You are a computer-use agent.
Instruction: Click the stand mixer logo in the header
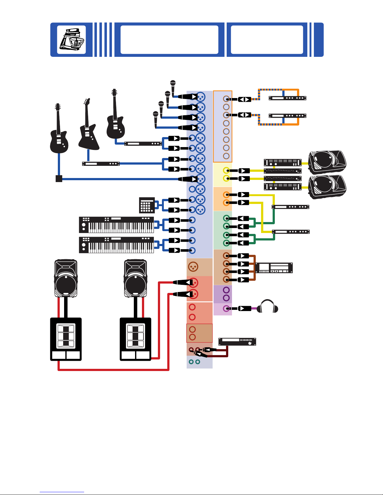coord(72,39)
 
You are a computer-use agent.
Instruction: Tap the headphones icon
coord(267,307)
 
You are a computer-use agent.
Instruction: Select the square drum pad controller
coord(147,205)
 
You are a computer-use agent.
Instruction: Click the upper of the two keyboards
coord(116,225)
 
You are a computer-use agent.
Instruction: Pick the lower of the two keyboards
coord(116,245)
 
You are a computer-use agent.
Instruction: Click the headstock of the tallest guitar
coord(114,92)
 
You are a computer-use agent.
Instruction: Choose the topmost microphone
coord(173,83)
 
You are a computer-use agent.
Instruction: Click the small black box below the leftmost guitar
coord(59,179)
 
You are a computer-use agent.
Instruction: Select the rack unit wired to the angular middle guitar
coord(101,164)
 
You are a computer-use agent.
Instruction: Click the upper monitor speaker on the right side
coord(327,162)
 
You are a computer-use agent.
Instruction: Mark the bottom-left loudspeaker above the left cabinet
coord(66,278)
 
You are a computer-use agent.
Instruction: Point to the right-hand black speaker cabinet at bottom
coord(135,339)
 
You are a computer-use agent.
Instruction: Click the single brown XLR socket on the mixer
coord(193,267)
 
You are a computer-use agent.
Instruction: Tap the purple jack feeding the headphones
coord(226,309)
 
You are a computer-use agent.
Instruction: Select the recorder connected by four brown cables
coord(274,268)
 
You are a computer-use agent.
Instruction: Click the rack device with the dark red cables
coord(237,342)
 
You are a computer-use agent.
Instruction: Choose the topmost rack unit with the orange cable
coord(287,98)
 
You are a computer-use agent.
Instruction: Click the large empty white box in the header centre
coord(169,40)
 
